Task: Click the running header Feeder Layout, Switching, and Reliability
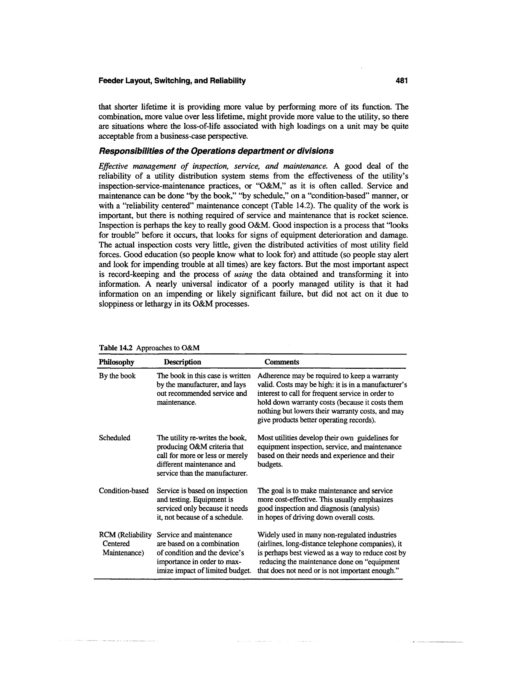pyautogui.click(x=172, y=81)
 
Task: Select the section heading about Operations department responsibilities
pyautogui.click(x=216, y=151)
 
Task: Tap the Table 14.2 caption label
pyautogui.click(x=116, y=348)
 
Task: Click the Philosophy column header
pyautogui.click(x=116, y=362)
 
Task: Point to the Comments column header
pyautogui.click(x=282, y=362)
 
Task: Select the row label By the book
pyautogui.click(x=117, y=376)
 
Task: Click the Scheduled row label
pyautogui.click(x=114, y=438)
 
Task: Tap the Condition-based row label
pyautogui.click(x=124, y=491)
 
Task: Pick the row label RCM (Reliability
pyautogui.click(x=125, y=535)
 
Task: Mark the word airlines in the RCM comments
pyautogui.click(x=270, y=544)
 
